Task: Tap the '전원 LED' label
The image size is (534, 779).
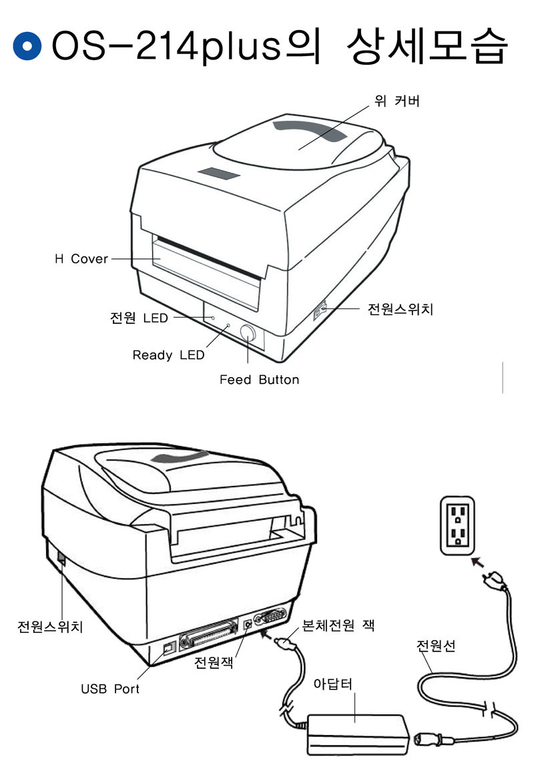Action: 139,318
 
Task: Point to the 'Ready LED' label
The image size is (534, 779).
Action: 168,355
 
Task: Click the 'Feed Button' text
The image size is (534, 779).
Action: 259,380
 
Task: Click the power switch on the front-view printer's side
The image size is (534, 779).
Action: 320,310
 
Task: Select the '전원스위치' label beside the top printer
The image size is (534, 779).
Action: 400,309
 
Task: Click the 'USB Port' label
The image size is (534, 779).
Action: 110,688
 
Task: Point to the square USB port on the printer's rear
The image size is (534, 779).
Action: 168,647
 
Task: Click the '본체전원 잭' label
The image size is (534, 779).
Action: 338,625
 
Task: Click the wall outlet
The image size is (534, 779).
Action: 459,525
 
